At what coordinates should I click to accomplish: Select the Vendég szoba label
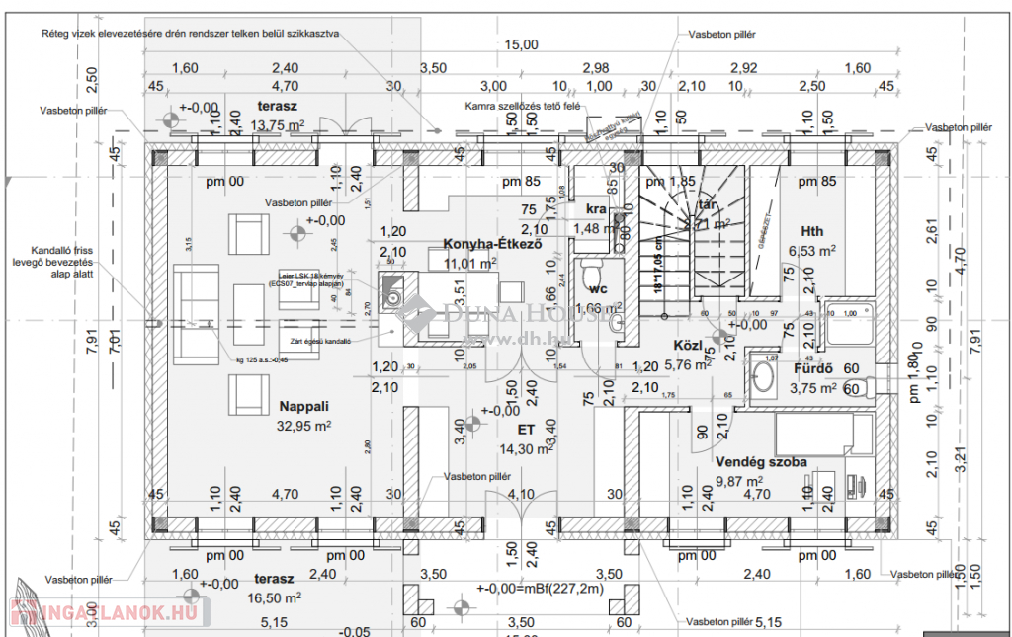click(761, 462)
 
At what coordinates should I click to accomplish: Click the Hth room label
click(812, 230)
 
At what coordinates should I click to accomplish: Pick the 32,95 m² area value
click(304, 427)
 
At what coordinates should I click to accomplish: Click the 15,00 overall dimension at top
click(521, 44)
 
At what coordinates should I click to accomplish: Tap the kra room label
click(595, 209)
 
